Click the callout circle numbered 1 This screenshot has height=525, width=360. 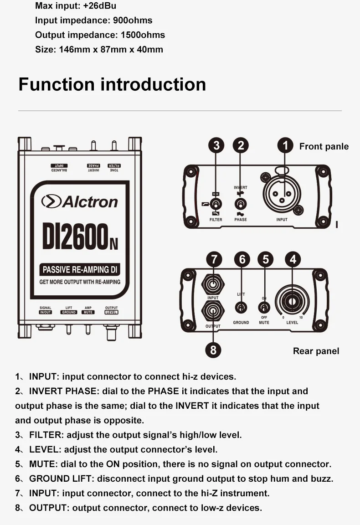(285, 146)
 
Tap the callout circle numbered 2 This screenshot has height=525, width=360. (241, 146)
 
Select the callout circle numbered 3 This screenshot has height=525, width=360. (216, 146)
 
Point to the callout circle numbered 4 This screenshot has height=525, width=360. (293, 259)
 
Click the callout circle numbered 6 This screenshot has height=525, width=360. (242, 259)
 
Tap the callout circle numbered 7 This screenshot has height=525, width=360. (214, 259)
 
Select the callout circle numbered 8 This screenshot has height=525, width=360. (213, 350)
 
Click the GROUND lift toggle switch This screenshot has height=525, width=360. (241, 308)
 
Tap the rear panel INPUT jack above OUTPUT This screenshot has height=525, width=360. (213, 285)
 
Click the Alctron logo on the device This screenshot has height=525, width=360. (80, 201)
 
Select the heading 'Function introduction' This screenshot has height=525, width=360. (112, 85)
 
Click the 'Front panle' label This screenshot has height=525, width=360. (324, 146)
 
